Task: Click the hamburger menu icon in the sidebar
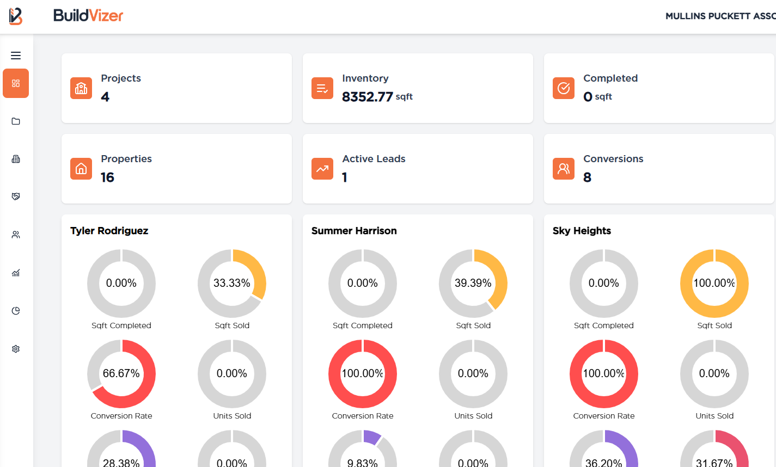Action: (x=16, y=56)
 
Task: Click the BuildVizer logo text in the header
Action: (x=88, y=16)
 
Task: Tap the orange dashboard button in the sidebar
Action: (x=16, y=83)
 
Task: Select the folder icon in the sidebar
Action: (x=16, y=121)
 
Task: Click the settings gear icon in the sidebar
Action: (x=16, y=349)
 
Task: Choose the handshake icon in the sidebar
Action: (x=16, y=196)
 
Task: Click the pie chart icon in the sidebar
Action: (x=16, y=311)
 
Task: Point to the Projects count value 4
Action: (x=105, y=97)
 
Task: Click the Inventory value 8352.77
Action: (x=368, y=97)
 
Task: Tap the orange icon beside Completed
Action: (x=564, y=88)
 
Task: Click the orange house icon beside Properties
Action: (x=81, y=169)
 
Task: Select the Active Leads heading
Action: (x=374, y=159)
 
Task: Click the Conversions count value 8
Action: (x=587, y=177)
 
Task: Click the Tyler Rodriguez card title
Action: (x=109, y=231)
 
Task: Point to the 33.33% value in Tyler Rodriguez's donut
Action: (x=232, y=283)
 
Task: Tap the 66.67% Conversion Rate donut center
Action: (x=121, y=373)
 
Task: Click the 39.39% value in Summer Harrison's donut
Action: (x=473, y=283)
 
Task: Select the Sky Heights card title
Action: (x=582, y=231)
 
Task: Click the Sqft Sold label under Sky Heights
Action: (x=714, y=325)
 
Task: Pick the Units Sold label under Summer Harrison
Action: (x=473, y=416)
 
